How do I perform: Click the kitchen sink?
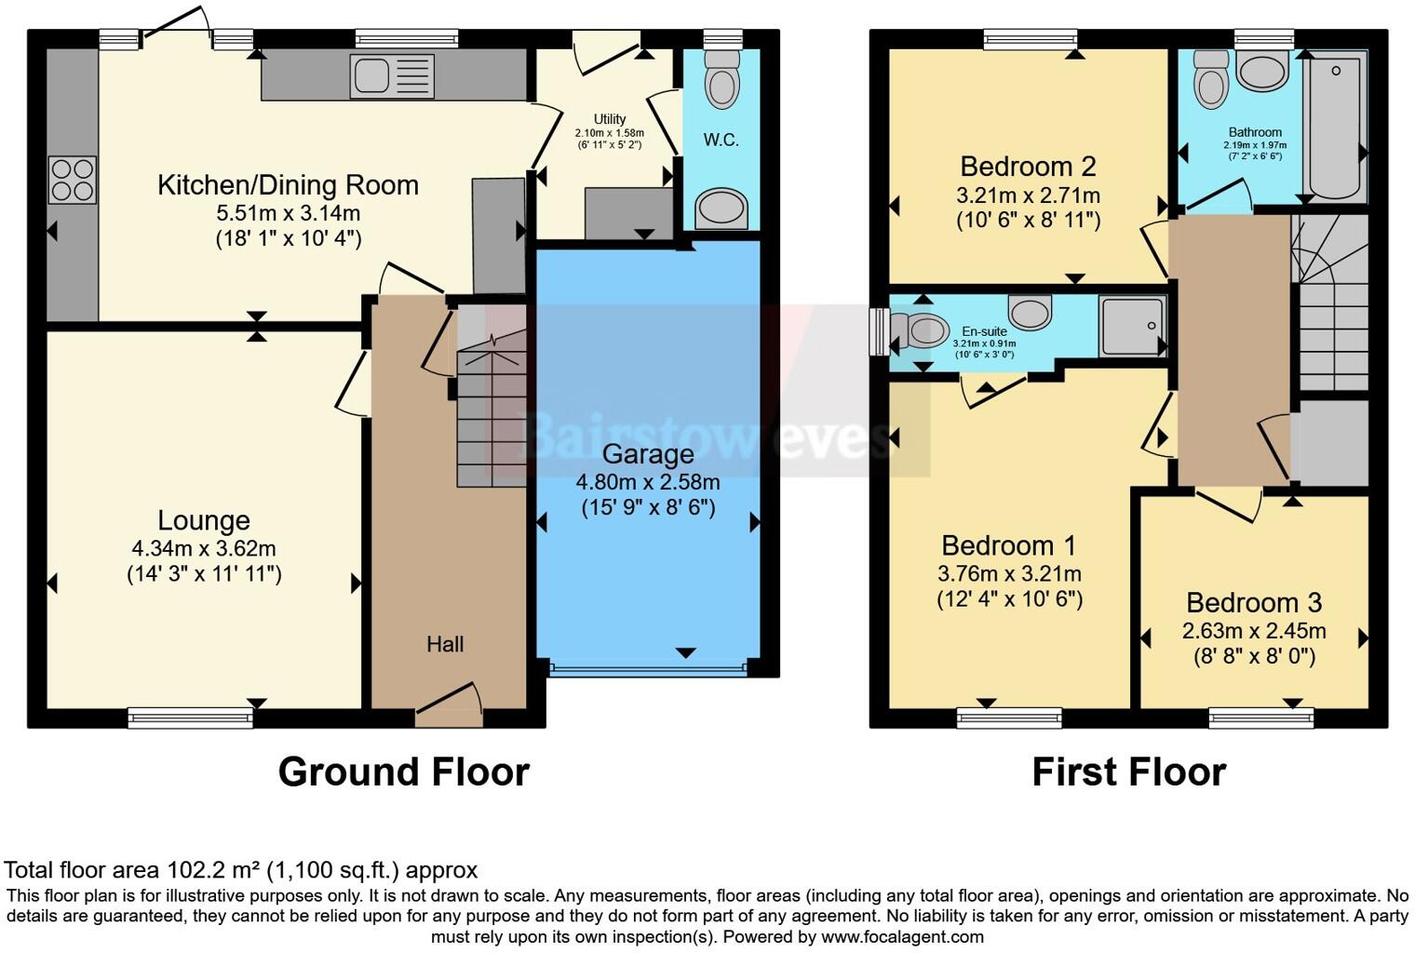(x=392, y=76)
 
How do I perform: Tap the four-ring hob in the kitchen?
(x=73, y=180)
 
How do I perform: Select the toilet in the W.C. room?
(x=722, y=79)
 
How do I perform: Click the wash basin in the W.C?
(x=721, y=208)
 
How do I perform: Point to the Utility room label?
(x=610, y=119)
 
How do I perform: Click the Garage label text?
(x=648, y=454)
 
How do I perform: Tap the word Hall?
(x=445, y=644)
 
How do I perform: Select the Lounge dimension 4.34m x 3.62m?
(x=204, y=548)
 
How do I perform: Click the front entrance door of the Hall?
(x=449, y=710)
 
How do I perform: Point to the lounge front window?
(x=190, y=718)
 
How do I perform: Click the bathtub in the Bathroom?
(x=1335, y=126)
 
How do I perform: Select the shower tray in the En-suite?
(x=1132, y=327)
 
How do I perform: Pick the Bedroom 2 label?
(x=1029, y=167)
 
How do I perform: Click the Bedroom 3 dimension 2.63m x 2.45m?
(x=1254, y=631)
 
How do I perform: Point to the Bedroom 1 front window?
(x=1009, y=718)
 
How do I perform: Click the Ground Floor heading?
(x=404, y=772)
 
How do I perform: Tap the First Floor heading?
(x=1129, y=772)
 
